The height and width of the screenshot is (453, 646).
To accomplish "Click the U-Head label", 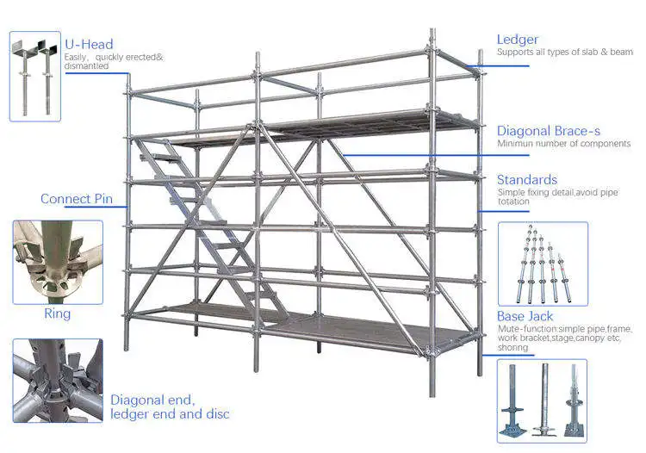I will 89,45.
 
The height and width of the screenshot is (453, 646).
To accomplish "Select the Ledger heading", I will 518,40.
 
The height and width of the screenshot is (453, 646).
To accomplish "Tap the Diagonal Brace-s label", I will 549,131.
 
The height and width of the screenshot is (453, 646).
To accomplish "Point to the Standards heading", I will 527,180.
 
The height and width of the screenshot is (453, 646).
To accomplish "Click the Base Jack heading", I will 525,317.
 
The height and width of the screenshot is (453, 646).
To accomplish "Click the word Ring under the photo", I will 57,313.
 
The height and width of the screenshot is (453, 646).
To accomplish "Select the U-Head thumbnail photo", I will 34,76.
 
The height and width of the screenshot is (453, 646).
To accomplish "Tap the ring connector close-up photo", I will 57,262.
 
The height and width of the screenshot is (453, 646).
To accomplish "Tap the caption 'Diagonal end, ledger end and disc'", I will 170,406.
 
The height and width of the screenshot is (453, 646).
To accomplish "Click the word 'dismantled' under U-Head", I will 86,65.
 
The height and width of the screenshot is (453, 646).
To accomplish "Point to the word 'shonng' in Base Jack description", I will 512,348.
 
